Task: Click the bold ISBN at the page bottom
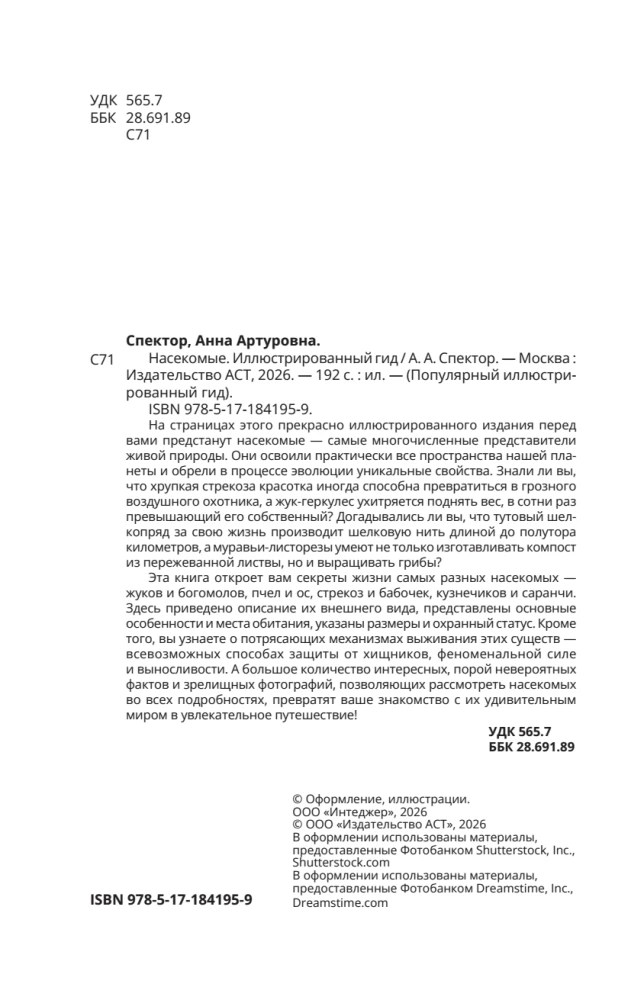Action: (x=171, y=900)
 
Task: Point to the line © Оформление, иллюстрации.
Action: (x=379, y=798)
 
